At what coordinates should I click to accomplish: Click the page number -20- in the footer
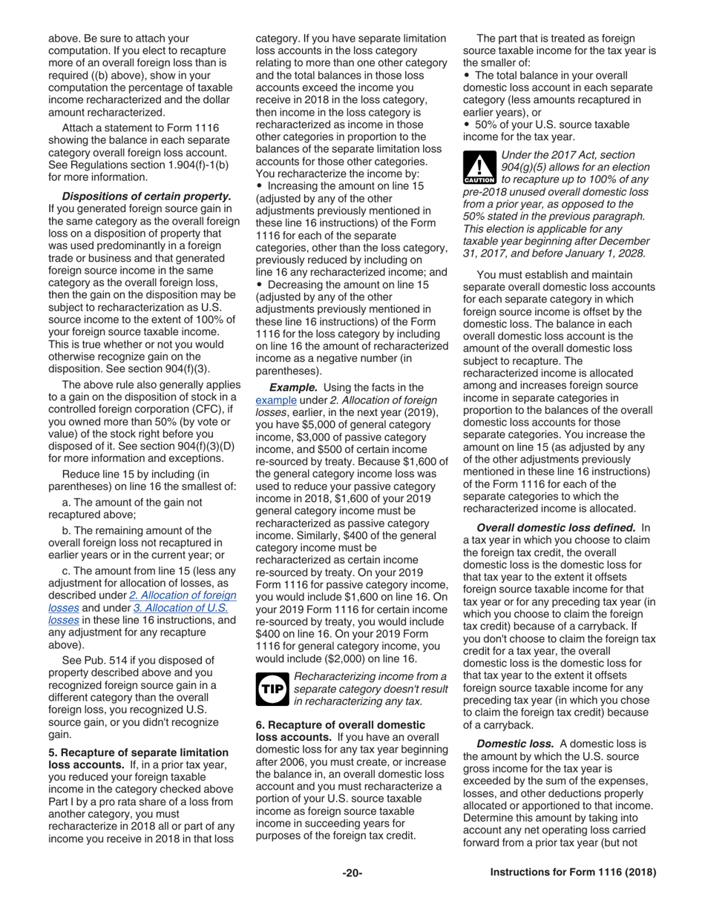[352, 873]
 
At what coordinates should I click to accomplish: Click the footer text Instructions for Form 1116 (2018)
[573, 873]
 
